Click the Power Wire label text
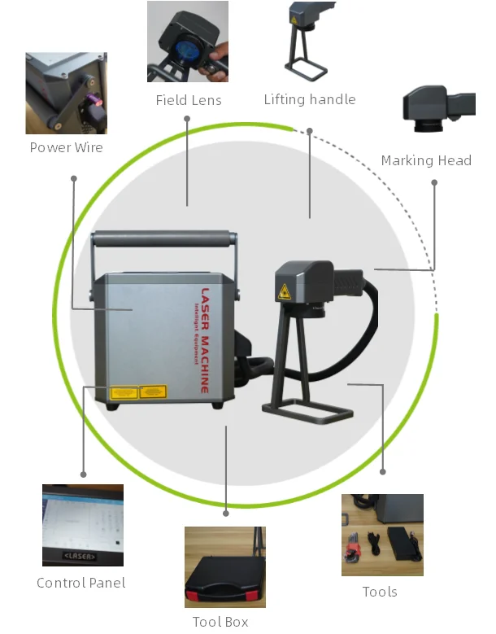[66, 147]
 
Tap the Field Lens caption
[189, 100]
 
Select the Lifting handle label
[309, 99]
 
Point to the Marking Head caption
[426, 160]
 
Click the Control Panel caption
[81, 583]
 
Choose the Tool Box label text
[220, 622]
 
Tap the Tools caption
[380, 592]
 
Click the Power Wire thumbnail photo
[66, 93]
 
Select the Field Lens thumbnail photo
[188, 42]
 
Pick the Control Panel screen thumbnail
[82, 525]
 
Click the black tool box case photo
[224, 567]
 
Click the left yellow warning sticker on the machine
[124, 393]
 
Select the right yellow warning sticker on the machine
[153, 392]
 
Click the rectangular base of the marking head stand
[309, 415]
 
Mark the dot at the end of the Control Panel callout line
[83, 474]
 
